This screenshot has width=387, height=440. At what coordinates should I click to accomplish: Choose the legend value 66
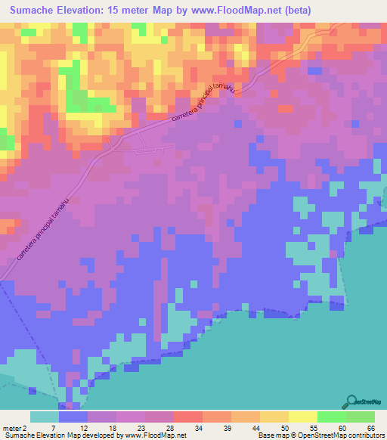click(372, 427)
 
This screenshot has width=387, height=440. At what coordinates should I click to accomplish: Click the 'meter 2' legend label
click(15, 427)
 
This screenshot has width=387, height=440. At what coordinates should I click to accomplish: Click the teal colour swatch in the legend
click(45, 417)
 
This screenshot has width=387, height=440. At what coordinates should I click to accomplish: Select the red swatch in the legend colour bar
click(187, 417)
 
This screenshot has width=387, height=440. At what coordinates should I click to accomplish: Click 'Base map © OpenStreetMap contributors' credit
click(320, 435)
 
